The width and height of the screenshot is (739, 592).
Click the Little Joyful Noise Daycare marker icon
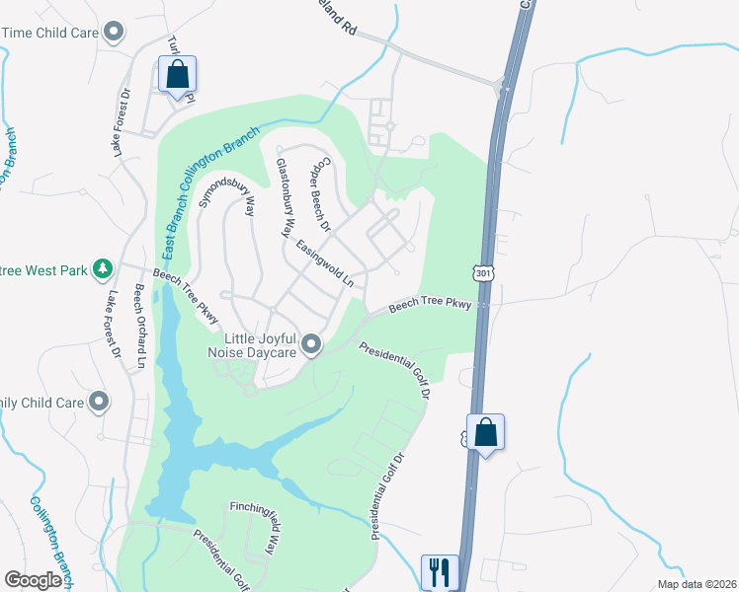pos(312,344)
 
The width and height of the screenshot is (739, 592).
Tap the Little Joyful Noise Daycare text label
pos(253,345)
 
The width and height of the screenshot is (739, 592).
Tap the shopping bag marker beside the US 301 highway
pos(485,433)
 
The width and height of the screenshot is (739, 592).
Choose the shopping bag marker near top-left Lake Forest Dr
pos(177,74)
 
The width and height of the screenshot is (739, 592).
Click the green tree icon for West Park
pos(102,268)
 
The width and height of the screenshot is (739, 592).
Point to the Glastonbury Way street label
pos(285,198)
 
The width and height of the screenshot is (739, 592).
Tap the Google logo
pos(34,580)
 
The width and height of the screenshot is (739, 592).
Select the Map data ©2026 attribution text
pos(696,583)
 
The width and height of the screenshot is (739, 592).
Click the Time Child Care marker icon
pos(115,33)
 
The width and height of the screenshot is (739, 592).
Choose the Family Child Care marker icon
pos(99,402)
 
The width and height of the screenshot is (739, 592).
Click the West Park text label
pos(45,268)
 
